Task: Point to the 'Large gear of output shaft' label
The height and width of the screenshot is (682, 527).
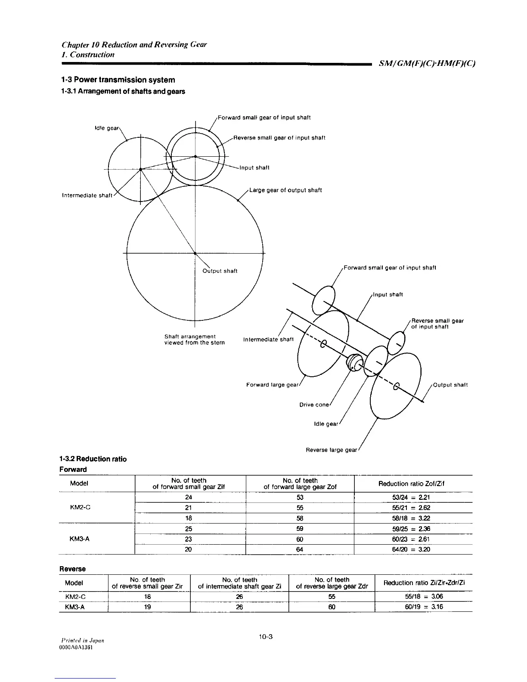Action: point(285,190)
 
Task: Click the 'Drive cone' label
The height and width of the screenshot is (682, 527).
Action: point(314,405)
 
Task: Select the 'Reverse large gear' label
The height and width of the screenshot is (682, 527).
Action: point(331,450)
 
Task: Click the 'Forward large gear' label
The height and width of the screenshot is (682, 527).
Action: point(272,385)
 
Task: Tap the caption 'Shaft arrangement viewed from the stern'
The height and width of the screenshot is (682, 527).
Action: point(194,339)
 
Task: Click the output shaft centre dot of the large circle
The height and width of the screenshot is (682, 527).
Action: point(195,253)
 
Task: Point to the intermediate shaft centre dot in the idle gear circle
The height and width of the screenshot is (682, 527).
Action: point(140,170)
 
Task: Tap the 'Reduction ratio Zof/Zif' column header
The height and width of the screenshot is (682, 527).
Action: point(411,484)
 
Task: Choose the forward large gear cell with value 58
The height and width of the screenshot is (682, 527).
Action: point(300,518)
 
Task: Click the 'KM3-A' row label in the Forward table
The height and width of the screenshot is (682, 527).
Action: point(79,539)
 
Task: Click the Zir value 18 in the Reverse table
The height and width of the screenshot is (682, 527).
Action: point(148,597)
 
